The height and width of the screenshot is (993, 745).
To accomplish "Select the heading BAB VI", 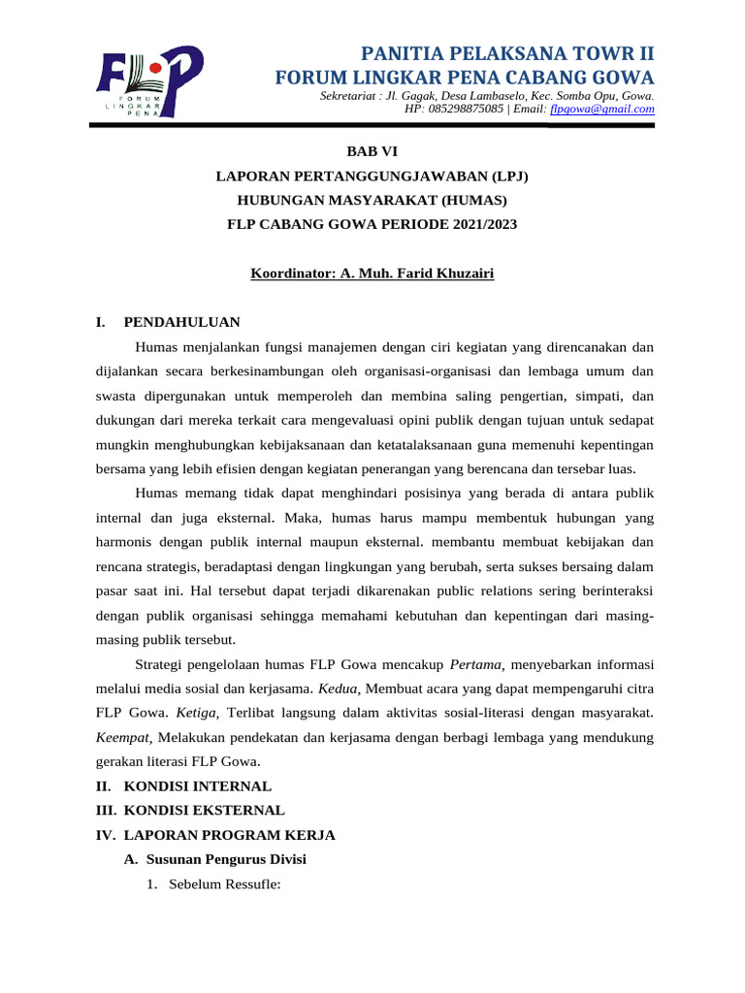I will click(x=372, y=150).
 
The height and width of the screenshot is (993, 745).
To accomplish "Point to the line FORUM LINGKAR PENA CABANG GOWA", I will click(x=466, y=78).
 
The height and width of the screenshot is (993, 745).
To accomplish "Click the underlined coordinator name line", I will click(x=372, y=274).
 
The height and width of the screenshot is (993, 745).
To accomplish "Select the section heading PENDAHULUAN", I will click(x=181, y=322).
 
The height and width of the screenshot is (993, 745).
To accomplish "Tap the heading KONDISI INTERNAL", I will click(x=198, y=786).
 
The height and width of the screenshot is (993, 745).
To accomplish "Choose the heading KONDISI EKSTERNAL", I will click(x=204, y=810).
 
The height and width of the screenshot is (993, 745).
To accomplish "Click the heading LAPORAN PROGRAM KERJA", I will click(x=230, y=834).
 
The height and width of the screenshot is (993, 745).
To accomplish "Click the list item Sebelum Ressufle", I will click(x=224, y=884).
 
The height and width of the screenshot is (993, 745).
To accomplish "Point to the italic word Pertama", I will click(x=476, y=665).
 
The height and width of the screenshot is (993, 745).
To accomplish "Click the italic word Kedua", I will click(x=336, y=689).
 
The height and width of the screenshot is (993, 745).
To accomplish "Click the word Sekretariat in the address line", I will click(x=349, y=97).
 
